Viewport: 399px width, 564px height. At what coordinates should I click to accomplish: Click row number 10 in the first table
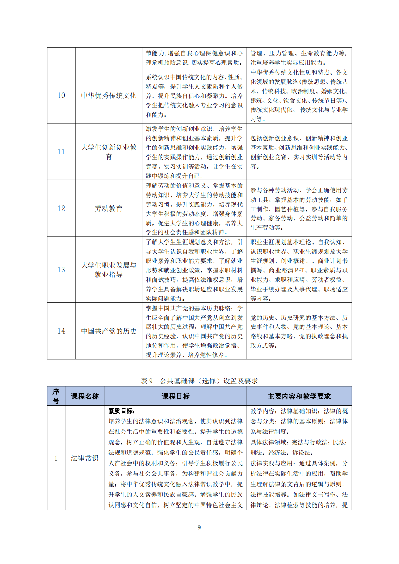click(x=61, y=95)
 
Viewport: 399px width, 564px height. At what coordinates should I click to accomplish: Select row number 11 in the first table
click(x=61, y=152)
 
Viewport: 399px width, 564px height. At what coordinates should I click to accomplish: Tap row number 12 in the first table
click(x=61, y=208)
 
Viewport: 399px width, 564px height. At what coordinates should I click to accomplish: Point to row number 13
click(x=61, y=270)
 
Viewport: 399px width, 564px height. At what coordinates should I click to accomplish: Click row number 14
click(x=61, y=331)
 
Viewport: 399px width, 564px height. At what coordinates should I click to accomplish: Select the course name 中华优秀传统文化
click(x=109, y=95)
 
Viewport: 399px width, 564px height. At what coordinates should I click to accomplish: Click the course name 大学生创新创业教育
click(x=109, y=152)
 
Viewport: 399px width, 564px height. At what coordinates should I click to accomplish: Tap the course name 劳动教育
click(x=109, y=208)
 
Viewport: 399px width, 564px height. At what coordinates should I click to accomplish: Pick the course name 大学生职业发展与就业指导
click(x=109, y=270)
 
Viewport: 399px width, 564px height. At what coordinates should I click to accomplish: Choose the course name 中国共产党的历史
click(x=109, y=331)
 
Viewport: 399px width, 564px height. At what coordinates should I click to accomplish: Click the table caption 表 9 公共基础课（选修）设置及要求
click(x=199, y=381)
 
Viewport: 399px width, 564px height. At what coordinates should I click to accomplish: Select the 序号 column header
click(x=56, y=396)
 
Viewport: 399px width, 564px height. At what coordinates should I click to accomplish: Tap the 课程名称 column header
click(x=85, y=396)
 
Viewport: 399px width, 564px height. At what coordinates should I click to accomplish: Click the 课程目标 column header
click(x=176, y=396)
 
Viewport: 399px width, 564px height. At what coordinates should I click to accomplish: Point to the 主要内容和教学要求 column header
click(x=299, y=396)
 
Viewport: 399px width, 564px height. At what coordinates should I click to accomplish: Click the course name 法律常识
click(x=85, y=458)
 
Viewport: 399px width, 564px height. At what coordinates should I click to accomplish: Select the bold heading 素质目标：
click(x=122, y=411)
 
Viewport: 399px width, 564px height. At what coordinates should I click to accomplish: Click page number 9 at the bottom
click(x=199, y=527)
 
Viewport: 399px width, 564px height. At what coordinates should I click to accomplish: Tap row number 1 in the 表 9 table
click(x=56, y=458)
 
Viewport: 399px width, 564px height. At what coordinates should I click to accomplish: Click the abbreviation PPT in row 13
click(x=299, y=270)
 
